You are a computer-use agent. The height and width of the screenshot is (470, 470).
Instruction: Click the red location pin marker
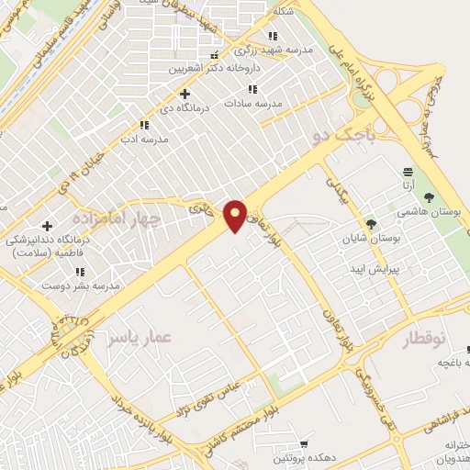tap(236, 215)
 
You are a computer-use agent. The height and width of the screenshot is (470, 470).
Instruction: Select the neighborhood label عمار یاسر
tap(139, 339)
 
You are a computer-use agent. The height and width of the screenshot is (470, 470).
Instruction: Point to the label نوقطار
tap(424, 339)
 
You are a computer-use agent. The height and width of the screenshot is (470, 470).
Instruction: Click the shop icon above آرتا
tap(408, 171)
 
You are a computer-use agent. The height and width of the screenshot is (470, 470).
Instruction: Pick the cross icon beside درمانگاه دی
tap(185, 94)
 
